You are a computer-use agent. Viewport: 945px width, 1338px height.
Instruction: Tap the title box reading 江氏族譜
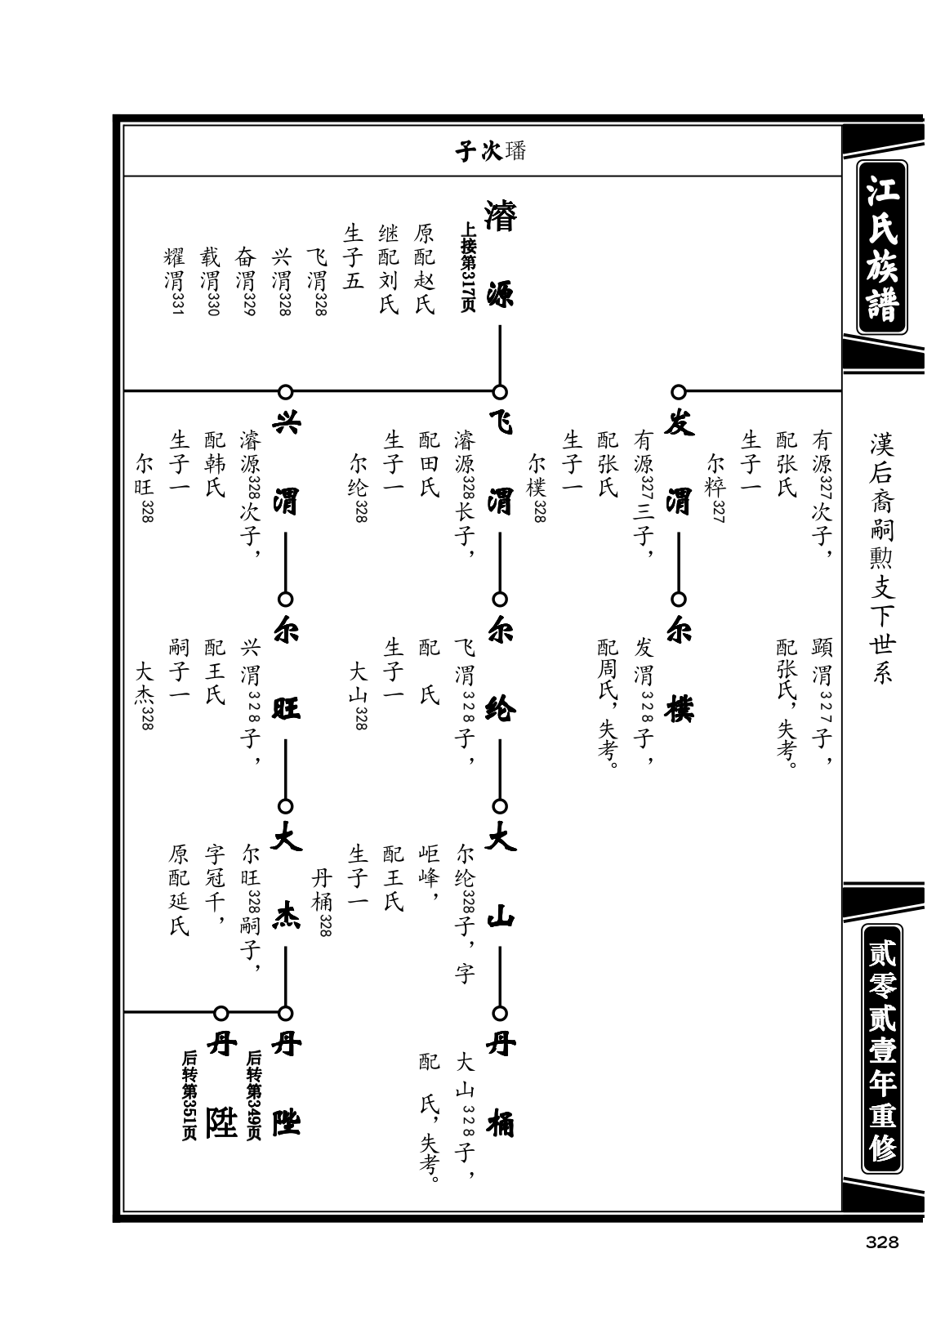tap(881, 247)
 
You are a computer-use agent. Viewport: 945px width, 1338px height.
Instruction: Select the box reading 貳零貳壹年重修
tap(881, 1048)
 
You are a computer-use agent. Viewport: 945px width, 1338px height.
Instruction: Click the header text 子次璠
tap(490, 151)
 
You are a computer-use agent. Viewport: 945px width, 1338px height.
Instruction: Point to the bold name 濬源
tap(500, 255)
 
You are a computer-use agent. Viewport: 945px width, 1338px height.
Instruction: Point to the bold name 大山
tap(500, 878)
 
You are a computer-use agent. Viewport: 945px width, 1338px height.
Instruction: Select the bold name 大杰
tap(286, 878)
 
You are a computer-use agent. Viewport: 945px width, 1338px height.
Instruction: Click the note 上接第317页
tap(468, 266)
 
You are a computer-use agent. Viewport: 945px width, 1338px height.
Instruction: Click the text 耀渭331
tap(175, 281)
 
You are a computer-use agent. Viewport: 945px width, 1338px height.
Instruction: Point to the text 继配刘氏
tap(389, 269)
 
